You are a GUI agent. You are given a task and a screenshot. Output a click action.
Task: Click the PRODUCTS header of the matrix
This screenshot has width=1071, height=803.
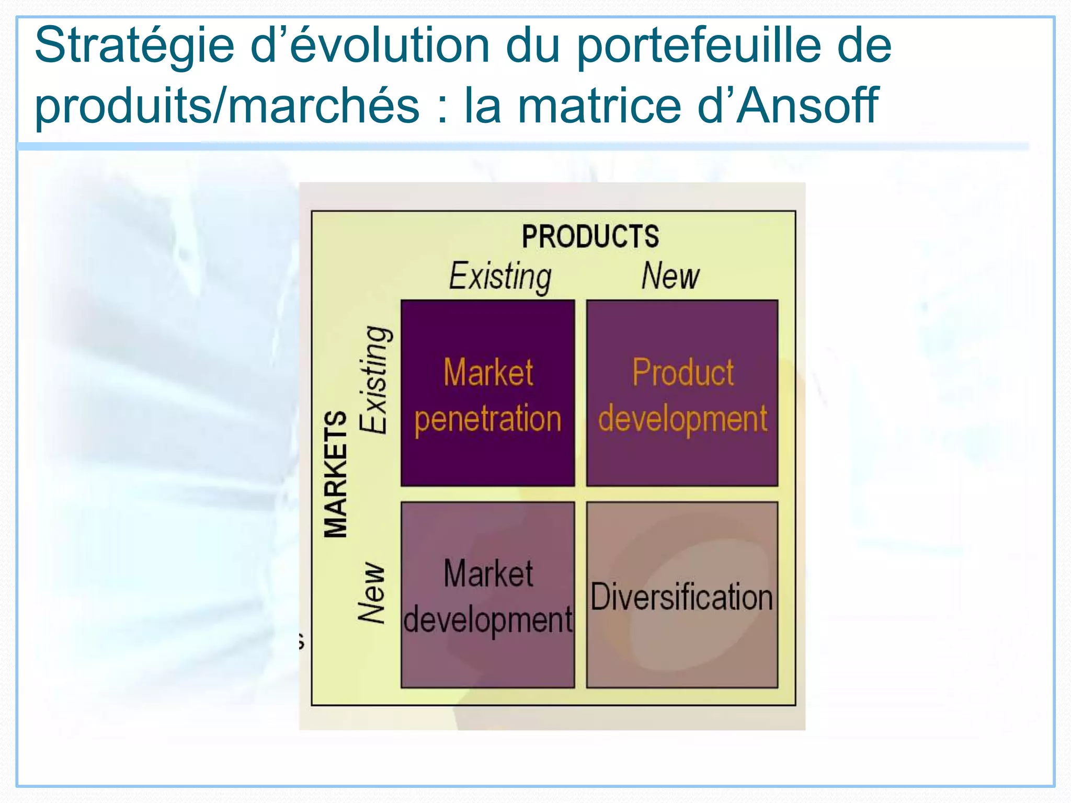point(590,236)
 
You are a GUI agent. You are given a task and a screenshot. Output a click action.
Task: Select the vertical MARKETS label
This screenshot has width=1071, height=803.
point(336,474)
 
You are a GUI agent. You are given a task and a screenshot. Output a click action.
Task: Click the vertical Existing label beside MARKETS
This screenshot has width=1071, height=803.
point(374,380)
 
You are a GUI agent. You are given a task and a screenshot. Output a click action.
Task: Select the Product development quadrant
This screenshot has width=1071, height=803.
point(682,460)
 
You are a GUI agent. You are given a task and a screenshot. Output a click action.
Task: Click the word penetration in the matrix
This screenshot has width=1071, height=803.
point(487,419)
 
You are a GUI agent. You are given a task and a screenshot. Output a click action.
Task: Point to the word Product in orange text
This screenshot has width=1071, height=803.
point(683,372)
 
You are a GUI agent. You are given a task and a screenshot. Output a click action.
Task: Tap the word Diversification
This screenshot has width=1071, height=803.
point(681,596)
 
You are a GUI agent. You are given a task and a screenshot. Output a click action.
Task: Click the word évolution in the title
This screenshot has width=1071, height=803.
point(389,46)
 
